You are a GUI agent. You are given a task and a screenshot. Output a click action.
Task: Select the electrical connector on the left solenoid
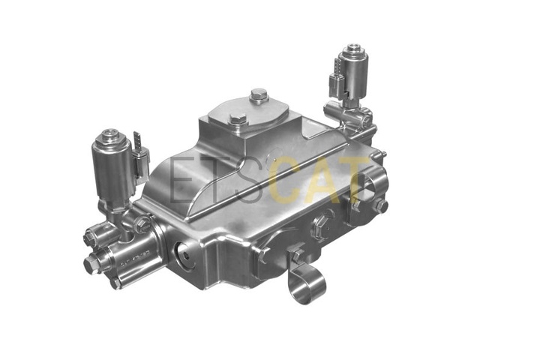coord(140,162)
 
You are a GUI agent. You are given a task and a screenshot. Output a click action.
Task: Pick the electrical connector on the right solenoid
coord(336,80)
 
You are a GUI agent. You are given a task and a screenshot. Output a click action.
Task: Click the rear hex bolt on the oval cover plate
coord(259,95)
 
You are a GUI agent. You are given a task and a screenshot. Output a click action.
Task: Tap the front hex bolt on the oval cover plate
coord(238,121)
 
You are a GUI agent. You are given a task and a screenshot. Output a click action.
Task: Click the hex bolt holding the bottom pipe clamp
coord(297,256)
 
